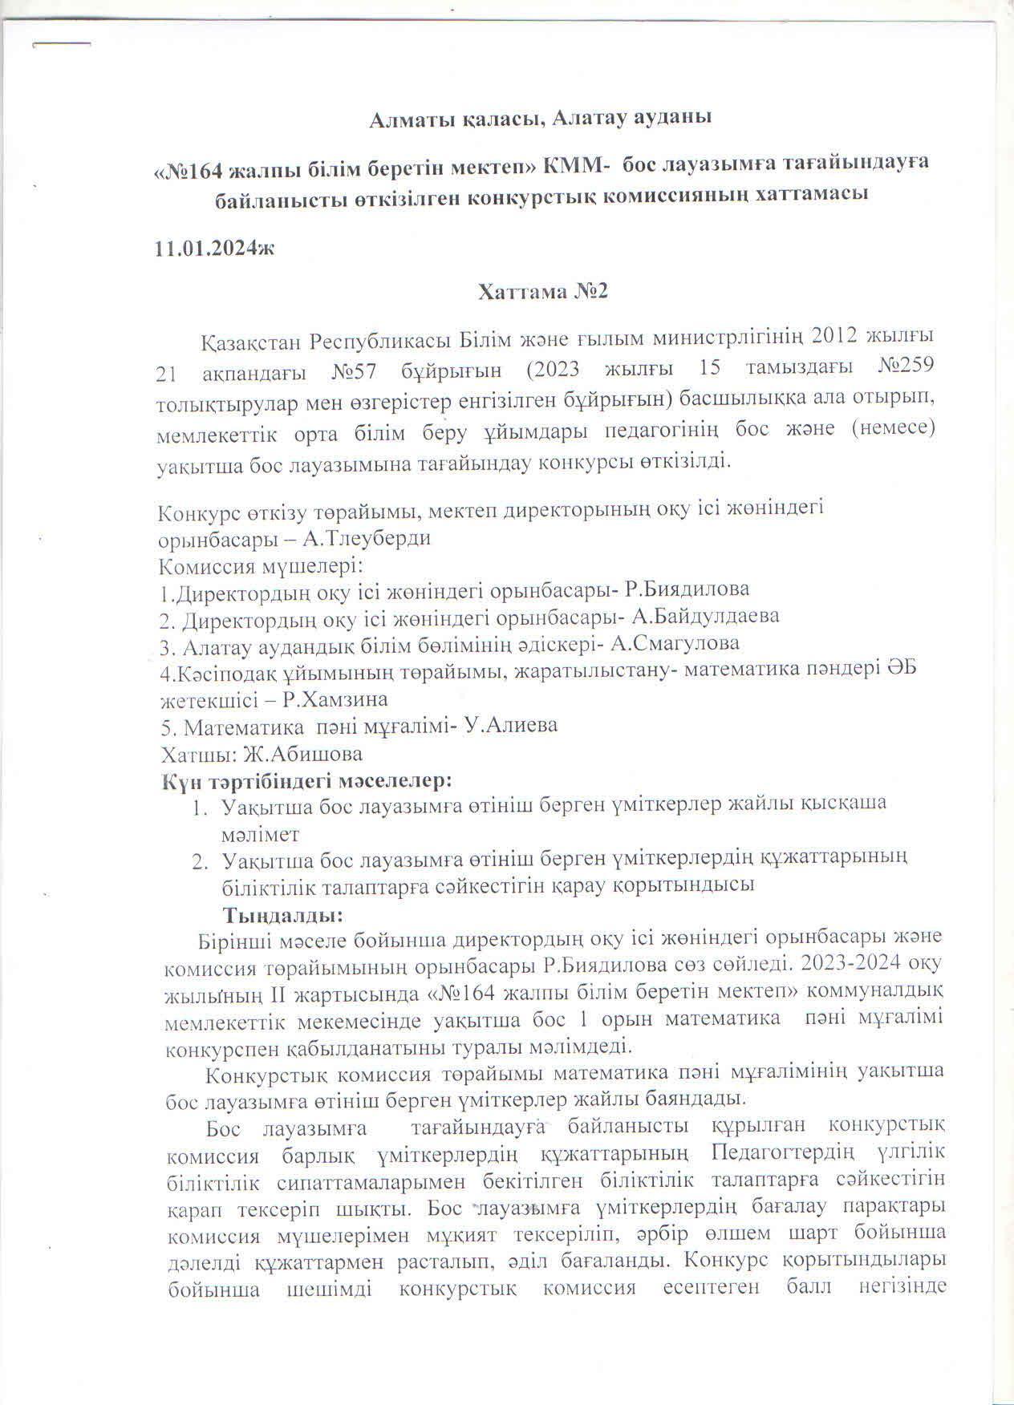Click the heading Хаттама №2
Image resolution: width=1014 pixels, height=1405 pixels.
pos(543,291)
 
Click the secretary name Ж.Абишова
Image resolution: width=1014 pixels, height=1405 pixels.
pos(305,754)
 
